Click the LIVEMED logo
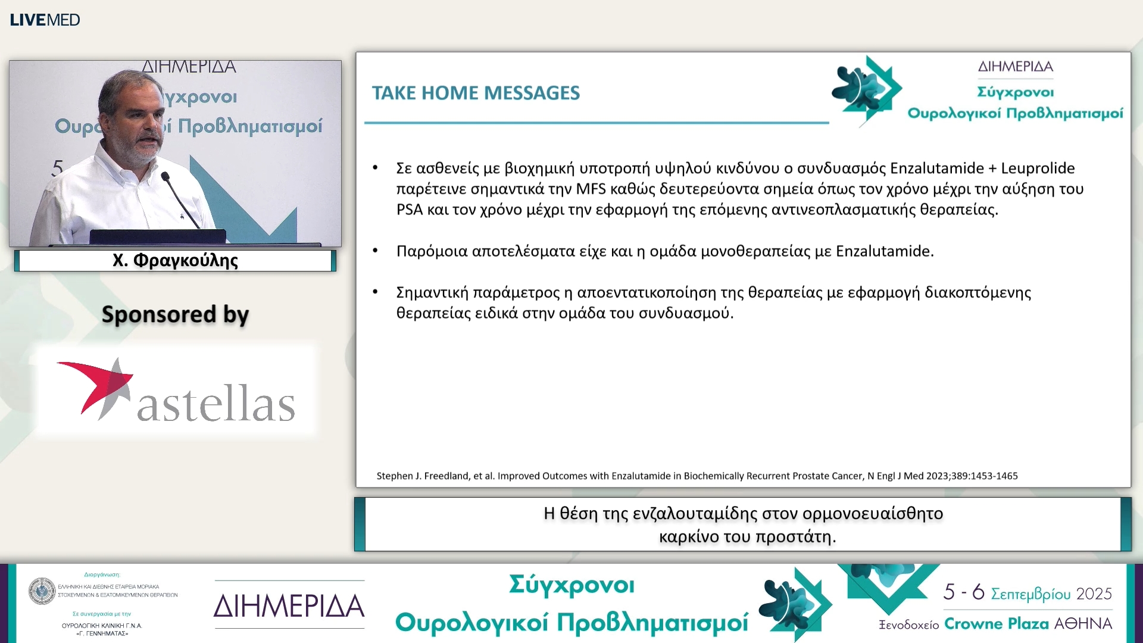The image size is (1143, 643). pos(45,20)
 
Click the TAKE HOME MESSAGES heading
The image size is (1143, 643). pos(476,93)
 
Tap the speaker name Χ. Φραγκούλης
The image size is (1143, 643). pos(175,261)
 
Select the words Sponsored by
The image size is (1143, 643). pos(175,314)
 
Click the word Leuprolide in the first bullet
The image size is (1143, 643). pos(1038,168)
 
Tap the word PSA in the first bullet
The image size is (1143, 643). pos(410,210)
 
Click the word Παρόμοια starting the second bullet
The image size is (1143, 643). pos(432,251)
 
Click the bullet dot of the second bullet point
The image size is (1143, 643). pos(376,251)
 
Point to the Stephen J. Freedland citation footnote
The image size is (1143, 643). pos(697,476)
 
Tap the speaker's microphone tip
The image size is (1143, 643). pos(165,176)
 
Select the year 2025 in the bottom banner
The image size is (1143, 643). pos(1094,594)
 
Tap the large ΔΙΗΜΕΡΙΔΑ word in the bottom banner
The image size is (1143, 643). pos(289,605)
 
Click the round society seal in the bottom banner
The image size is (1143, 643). pos(42,591)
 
